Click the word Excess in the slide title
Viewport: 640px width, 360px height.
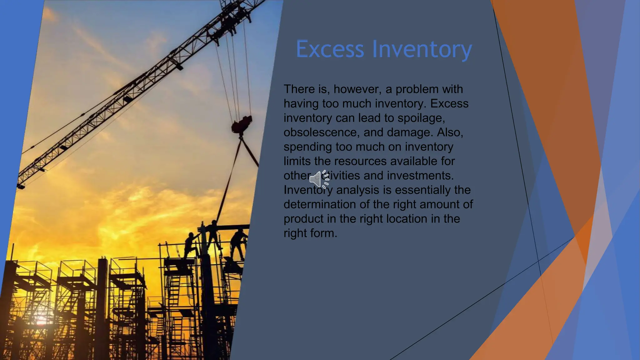330,49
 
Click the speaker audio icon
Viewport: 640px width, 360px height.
319,179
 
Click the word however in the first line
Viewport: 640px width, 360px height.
357,89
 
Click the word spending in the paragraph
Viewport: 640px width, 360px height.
307,147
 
